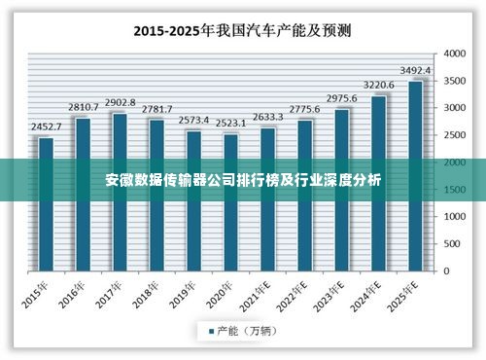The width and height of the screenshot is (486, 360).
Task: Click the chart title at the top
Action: coord(243,29)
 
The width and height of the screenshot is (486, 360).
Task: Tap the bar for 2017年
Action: coord(120,214)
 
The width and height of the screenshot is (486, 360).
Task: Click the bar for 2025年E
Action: coord(415,195)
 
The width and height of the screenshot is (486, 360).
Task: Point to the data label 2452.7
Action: coord(46,127)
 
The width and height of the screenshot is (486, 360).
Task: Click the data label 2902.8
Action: coord(120,103)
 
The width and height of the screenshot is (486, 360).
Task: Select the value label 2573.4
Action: coord(193,121)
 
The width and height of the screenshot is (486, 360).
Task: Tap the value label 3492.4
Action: coord(415,71)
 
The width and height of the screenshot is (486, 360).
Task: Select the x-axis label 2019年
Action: coord(185,294)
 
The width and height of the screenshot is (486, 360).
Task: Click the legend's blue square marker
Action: coord(210,332)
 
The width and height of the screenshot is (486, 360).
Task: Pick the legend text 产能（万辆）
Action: coord(247,332)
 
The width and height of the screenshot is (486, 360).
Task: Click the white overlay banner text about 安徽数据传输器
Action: coord(243,180)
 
